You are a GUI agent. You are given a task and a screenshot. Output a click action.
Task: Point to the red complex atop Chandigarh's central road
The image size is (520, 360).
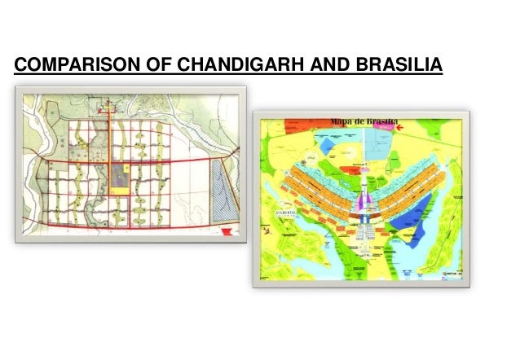pos(107,108)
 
